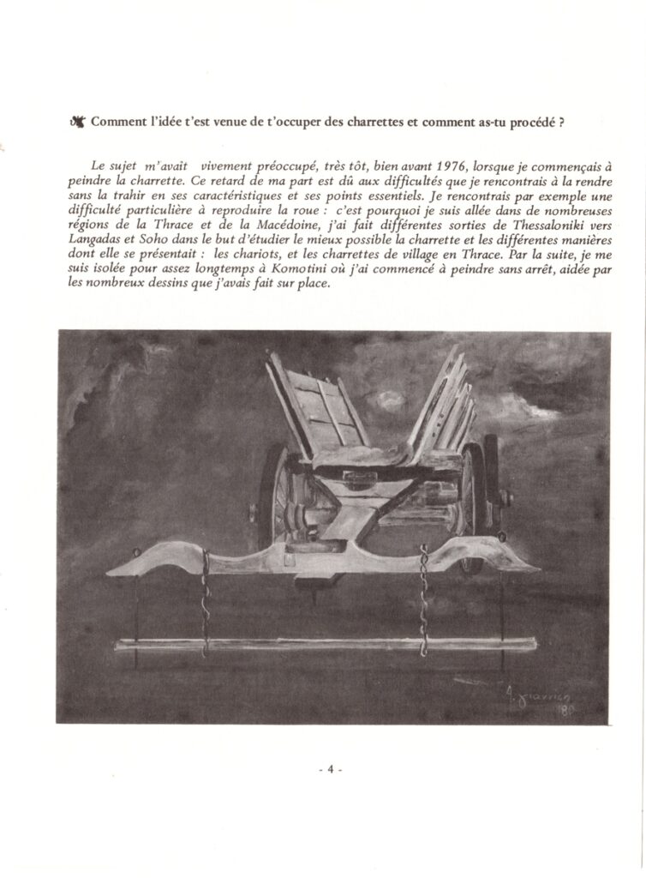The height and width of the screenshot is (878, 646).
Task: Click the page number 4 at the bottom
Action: [329, 769]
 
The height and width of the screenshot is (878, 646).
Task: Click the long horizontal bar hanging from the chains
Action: [326, 643]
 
